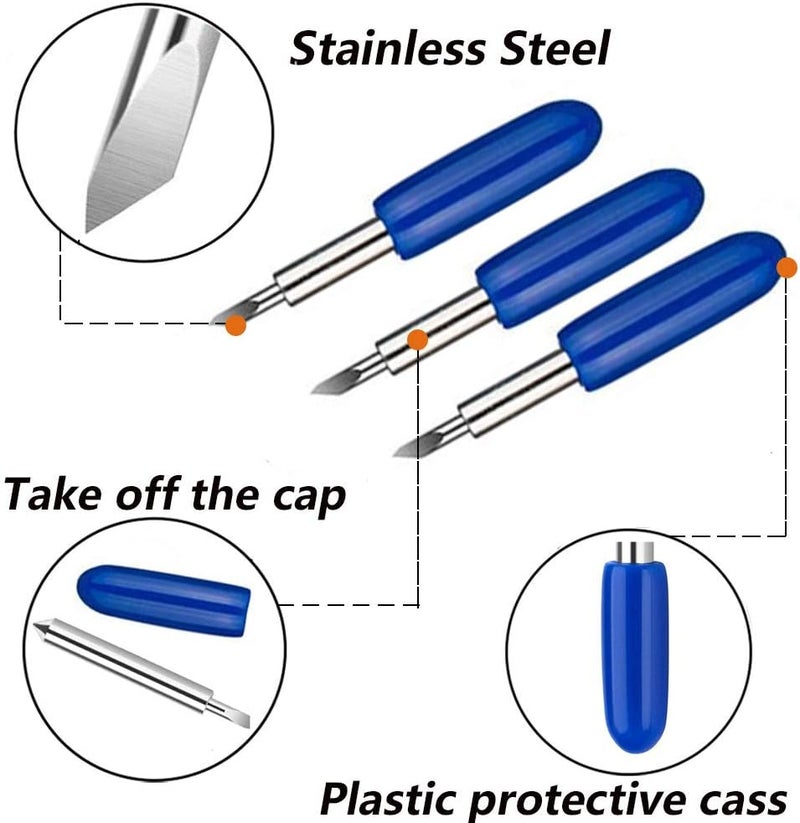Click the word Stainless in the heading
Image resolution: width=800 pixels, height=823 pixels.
tap(388, 48)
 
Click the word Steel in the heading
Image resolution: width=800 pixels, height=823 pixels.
tap(554, 48)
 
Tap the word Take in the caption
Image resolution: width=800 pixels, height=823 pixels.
tap(52, 494)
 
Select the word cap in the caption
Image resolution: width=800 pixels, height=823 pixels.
tap(309, 498)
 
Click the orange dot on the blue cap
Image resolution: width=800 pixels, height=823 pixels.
tap(786, 267)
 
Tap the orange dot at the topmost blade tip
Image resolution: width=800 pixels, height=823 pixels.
tap(236, 325)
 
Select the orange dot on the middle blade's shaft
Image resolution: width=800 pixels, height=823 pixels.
tap(417, 340)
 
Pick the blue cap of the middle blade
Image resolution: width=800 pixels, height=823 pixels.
tap(590, 248)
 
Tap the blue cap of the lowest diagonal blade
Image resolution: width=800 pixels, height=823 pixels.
tap(671, 311)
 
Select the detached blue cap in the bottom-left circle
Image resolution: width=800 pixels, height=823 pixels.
tap(164, 600)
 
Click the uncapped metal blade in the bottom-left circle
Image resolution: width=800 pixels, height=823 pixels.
tap(142, 673)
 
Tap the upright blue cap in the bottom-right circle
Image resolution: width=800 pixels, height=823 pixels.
tap(634, 655)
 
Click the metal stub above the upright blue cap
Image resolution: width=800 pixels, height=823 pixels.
tap(635, 551)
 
